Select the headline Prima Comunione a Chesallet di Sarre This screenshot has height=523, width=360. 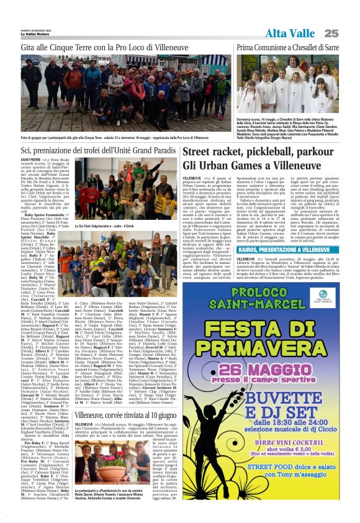pos(287,47)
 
